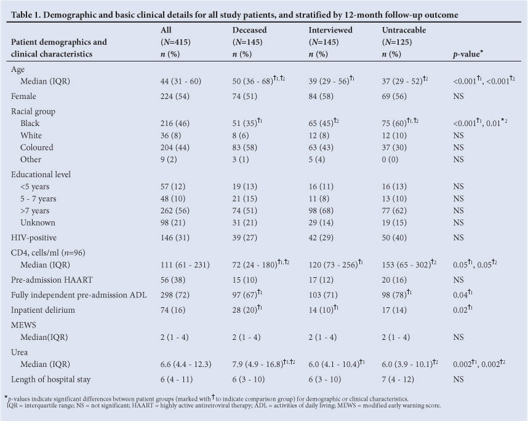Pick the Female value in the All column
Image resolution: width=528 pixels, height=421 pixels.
[173, 96]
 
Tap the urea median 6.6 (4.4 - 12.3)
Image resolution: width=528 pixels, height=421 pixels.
[187, 365]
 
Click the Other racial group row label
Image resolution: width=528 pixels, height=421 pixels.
[31, 160]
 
